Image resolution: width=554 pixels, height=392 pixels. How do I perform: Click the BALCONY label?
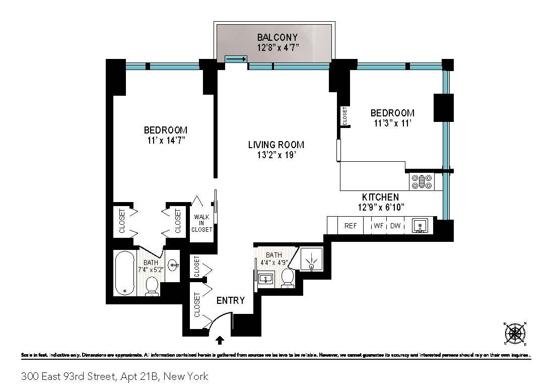[x=277, y=37]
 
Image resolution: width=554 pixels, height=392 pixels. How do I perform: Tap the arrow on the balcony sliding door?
[x=235, y=59]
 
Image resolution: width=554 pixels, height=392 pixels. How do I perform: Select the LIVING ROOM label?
[x=276, y=145]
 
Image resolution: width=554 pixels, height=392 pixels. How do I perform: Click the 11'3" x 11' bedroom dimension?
[x=392, y=123]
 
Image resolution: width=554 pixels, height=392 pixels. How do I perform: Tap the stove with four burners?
[x=422, y=181]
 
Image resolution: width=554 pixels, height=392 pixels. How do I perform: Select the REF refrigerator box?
[x=351, y=226]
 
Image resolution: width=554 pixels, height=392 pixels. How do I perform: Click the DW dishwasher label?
[x=395, y=226]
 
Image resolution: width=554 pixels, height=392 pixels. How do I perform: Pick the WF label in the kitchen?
[x=379, y=226]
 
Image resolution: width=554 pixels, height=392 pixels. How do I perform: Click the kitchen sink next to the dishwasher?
[x=419, y=225]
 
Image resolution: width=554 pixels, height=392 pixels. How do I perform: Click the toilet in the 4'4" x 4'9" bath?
[x=288, y=278]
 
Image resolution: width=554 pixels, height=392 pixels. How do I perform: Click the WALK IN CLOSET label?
[x=201, y=223]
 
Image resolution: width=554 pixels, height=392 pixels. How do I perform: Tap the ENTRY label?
[x=230, y=301]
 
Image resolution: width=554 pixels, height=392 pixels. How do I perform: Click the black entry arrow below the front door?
[x=220, y=341]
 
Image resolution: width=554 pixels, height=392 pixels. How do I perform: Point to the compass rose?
[x=515, y=333]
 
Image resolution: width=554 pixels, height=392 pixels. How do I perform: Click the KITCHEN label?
[x=380, y=197]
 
